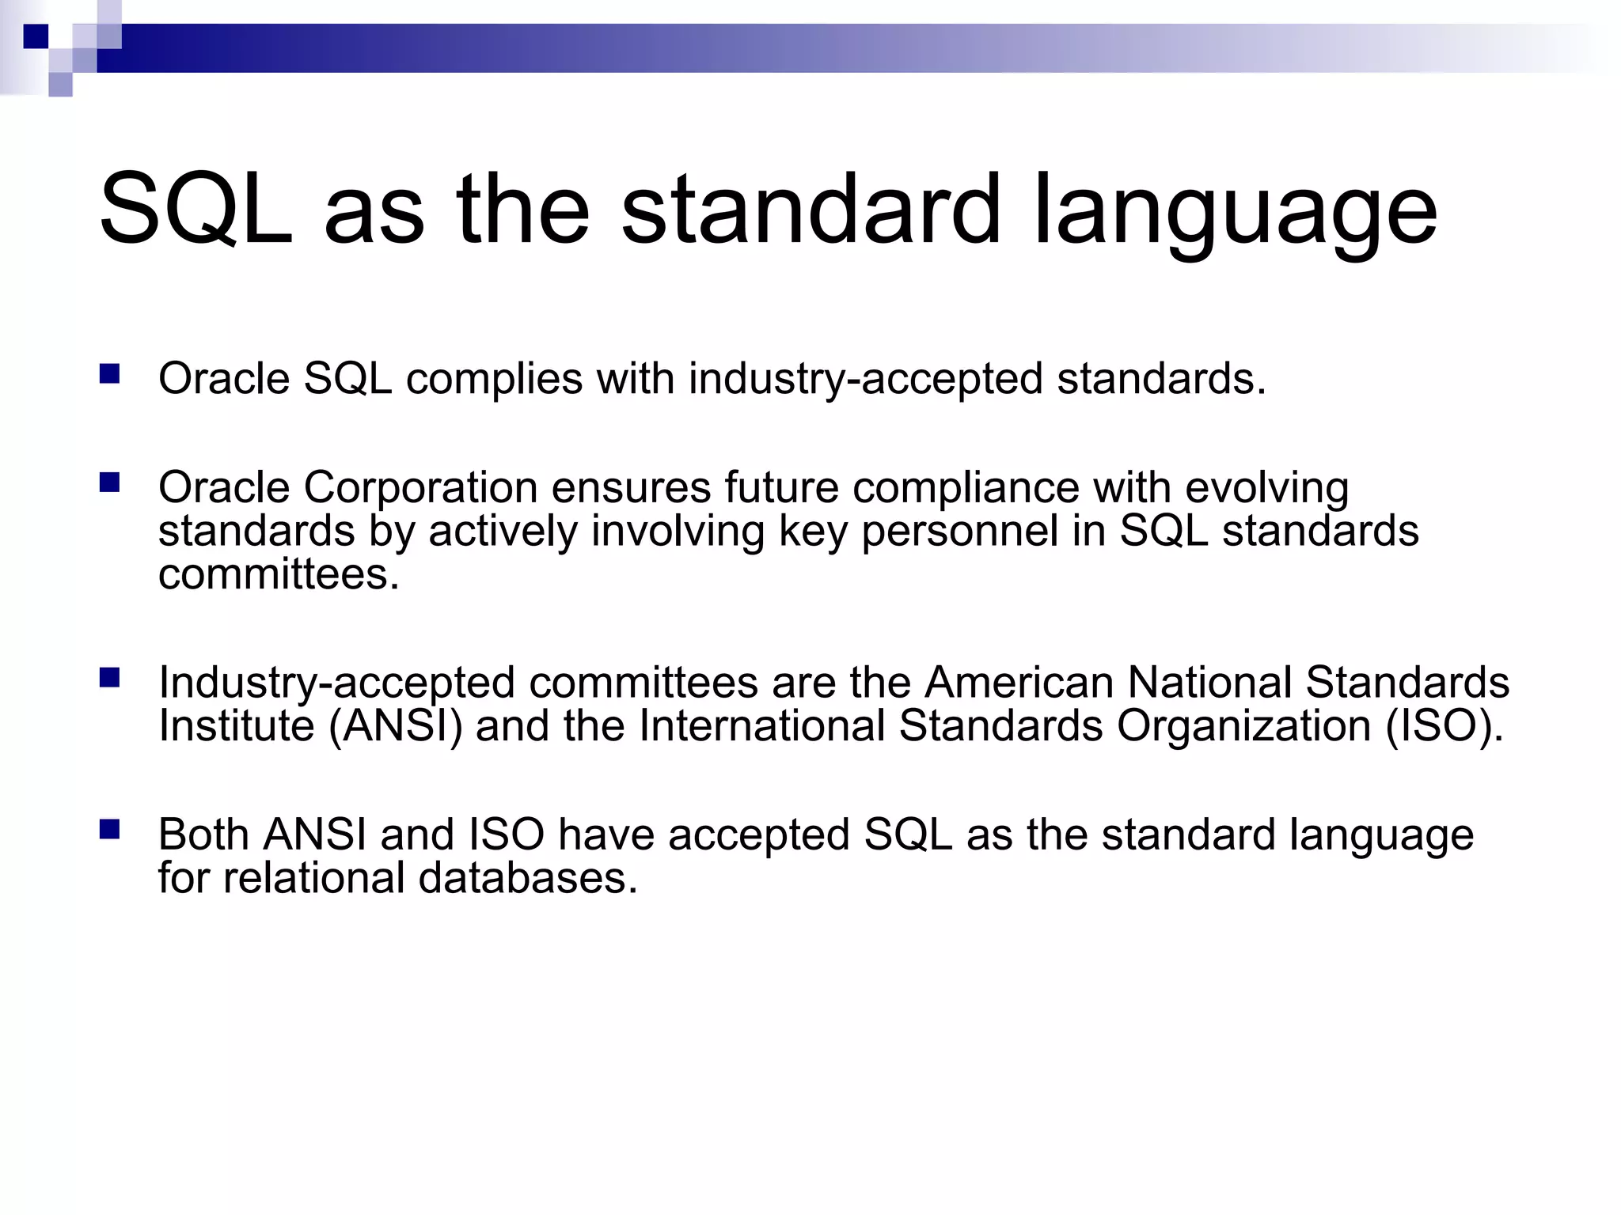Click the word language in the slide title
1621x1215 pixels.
click(x=1235, y=214)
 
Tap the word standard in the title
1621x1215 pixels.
click(x=811, y=210)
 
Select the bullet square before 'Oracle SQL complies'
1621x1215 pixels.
click(x=109, y=373)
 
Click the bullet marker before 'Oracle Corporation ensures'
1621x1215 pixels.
click(x=109, y=483)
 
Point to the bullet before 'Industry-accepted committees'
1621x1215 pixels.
click(x=109, y=678)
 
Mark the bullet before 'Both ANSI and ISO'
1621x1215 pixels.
click(x=109, y=829)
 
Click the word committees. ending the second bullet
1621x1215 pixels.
click(x=279, y=574)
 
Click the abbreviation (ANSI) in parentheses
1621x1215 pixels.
click(x=395, y=726)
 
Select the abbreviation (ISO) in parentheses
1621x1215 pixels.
click(x=1443, y=726)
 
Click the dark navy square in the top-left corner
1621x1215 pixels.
click(x=36, y=36)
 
